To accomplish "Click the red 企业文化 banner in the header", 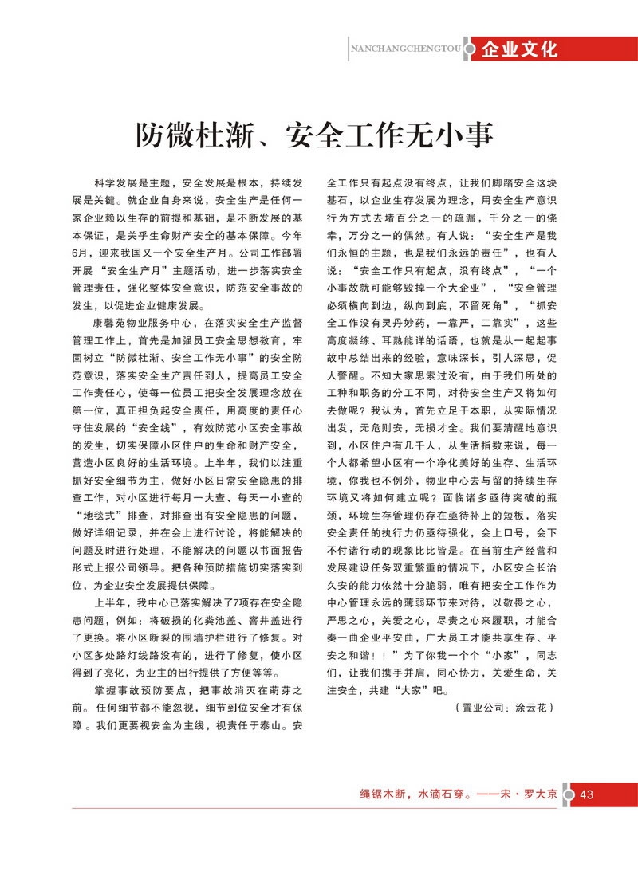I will point(518,49).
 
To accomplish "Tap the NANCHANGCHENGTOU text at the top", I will point(406,49).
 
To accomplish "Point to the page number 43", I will point(587,794).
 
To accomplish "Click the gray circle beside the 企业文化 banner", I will point(472,49).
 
